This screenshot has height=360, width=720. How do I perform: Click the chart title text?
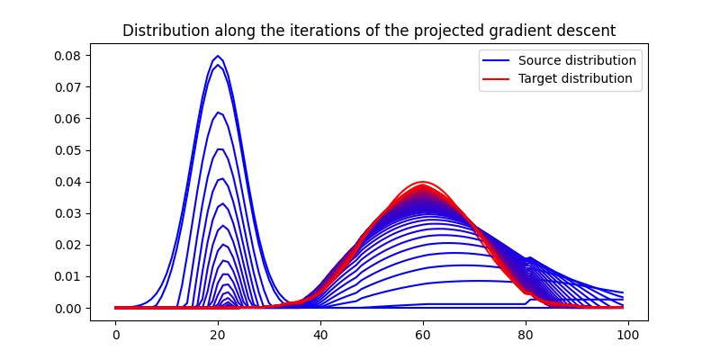point(369,31)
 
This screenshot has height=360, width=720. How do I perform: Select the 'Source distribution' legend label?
point(577,60)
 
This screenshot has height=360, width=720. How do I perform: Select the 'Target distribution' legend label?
point(575,78)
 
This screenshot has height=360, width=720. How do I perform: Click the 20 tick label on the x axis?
point(218,335)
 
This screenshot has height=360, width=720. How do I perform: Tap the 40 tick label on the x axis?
point(320,335)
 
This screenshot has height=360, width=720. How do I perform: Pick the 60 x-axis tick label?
point(422,335)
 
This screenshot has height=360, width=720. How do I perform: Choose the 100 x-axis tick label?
point(627,335)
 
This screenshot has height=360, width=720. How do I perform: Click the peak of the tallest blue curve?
point(217,56)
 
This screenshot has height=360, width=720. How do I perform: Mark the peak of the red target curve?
point(422,182)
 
